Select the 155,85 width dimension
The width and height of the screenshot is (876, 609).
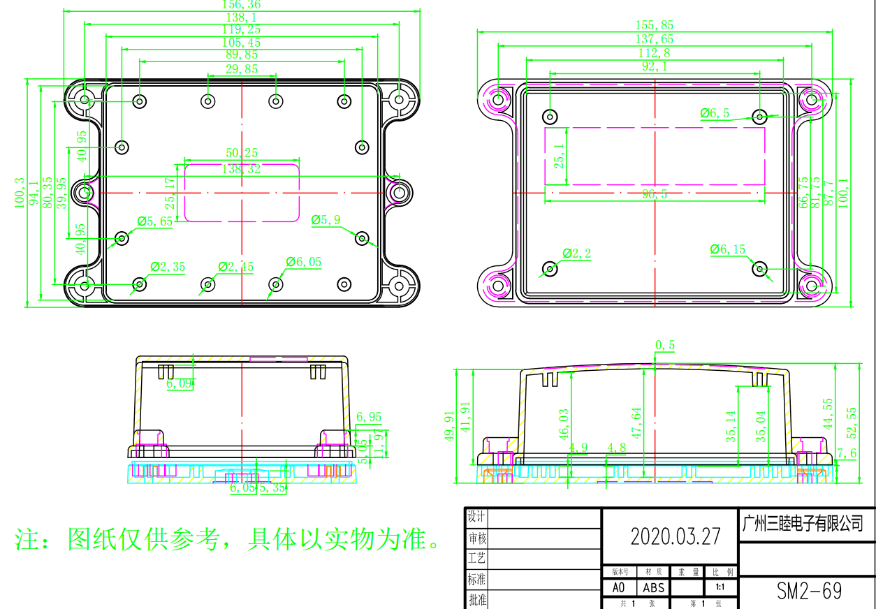pos(655,25)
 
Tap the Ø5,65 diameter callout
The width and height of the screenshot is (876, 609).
pos(155,221)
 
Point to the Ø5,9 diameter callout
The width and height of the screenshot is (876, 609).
pos(326,220)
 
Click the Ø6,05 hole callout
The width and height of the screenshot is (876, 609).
pos(304,262)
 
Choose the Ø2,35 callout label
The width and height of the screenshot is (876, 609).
pos(168,267)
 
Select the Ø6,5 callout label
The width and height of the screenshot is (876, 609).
pos(715,113)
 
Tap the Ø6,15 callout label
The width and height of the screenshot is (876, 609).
pos(728,249)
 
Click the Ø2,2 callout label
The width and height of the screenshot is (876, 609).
pos(577,253)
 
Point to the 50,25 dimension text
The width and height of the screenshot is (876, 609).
pos(242,153)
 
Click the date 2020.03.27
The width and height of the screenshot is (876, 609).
pos(675,536)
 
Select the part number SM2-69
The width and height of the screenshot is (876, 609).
pos(809,591)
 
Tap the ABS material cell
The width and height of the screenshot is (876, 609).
pos(654,588)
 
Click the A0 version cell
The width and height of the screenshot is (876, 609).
pos(619,588)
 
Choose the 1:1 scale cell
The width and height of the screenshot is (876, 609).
pos(720,588)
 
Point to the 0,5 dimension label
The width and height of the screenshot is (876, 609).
pos(665,345)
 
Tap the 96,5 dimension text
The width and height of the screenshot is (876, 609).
pos(655,195)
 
